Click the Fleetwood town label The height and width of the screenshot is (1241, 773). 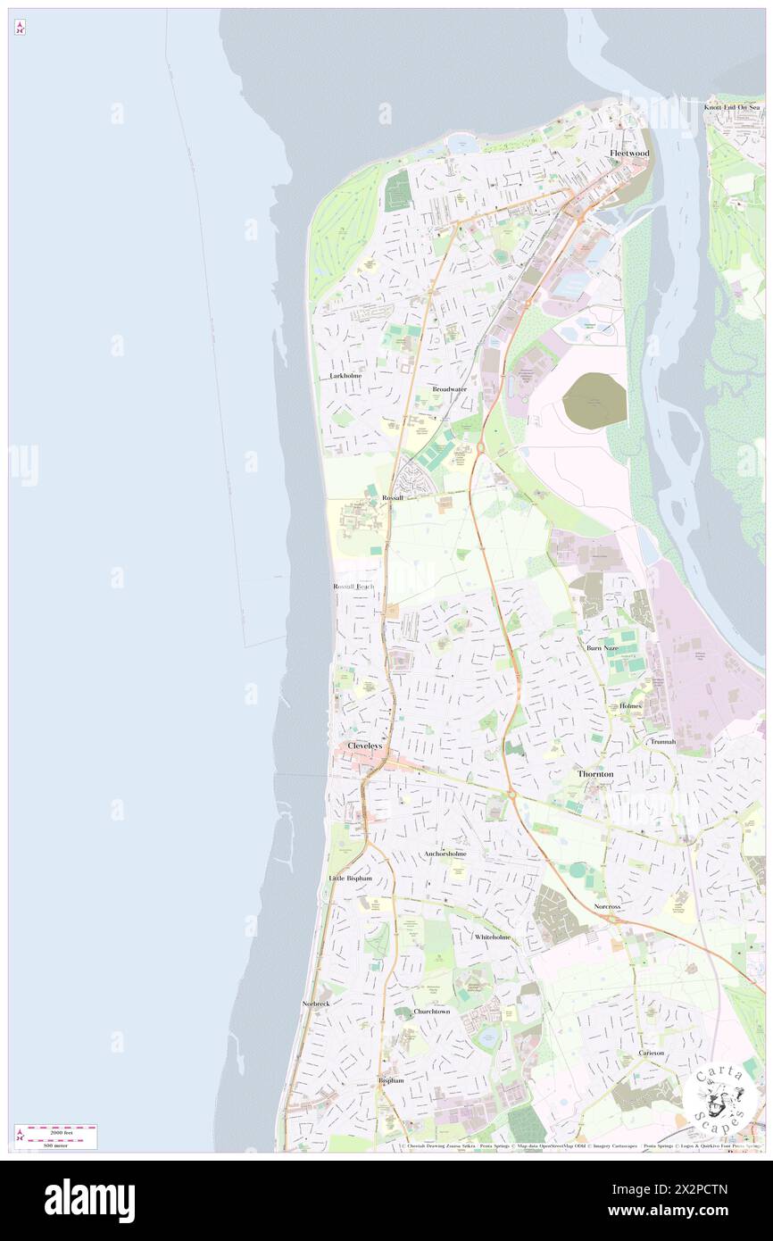629,153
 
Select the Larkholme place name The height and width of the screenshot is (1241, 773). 346,377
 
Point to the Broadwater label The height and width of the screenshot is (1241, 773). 449,389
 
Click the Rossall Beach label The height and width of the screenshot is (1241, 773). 354,587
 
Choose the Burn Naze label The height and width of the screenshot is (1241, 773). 602,647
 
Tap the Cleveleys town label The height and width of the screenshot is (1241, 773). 364,745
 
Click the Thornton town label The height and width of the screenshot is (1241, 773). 594,773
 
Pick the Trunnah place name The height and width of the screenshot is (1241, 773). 663,741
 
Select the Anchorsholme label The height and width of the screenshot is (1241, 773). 445,854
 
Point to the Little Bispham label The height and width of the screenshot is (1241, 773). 350,879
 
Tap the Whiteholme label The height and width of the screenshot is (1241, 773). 492,937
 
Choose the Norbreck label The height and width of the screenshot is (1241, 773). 316,1004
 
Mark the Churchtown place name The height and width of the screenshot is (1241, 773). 432,1012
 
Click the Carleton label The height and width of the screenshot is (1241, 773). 652,1053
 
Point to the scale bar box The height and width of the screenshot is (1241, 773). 55,1137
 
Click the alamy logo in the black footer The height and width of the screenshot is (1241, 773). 89,1201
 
